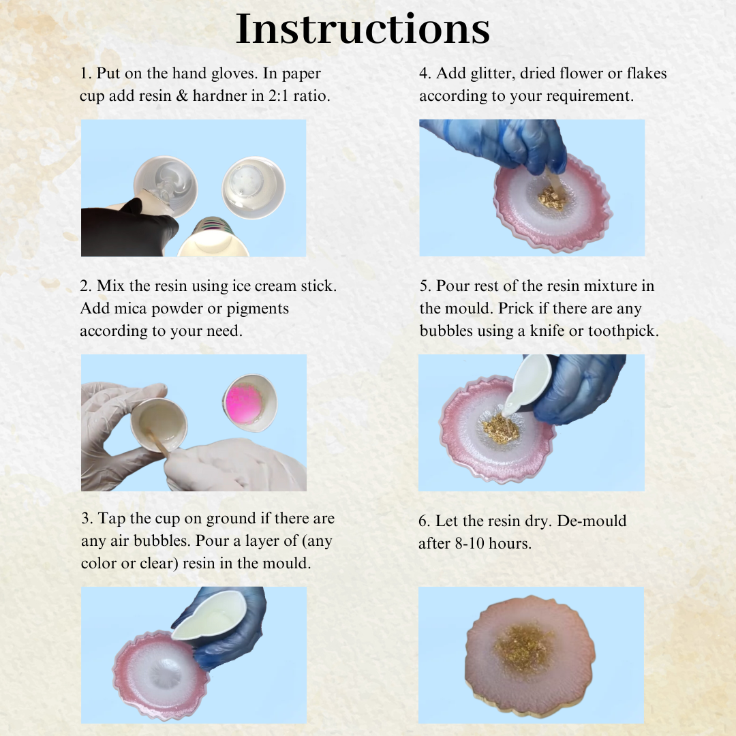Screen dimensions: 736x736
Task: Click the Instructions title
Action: [x=363, y=29]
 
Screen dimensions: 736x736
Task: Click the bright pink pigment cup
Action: [x=249, y=403]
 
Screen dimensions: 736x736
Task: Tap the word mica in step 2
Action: [x=131, y=309]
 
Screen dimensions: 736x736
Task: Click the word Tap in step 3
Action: [x=111, y=519]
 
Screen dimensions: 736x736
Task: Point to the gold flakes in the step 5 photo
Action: [x=500, y=429]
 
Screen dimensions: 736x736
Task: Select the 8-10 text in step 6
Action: [x=470, y=544]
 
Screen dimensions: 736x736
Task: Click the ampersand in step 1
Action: [x=182, y=96]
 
